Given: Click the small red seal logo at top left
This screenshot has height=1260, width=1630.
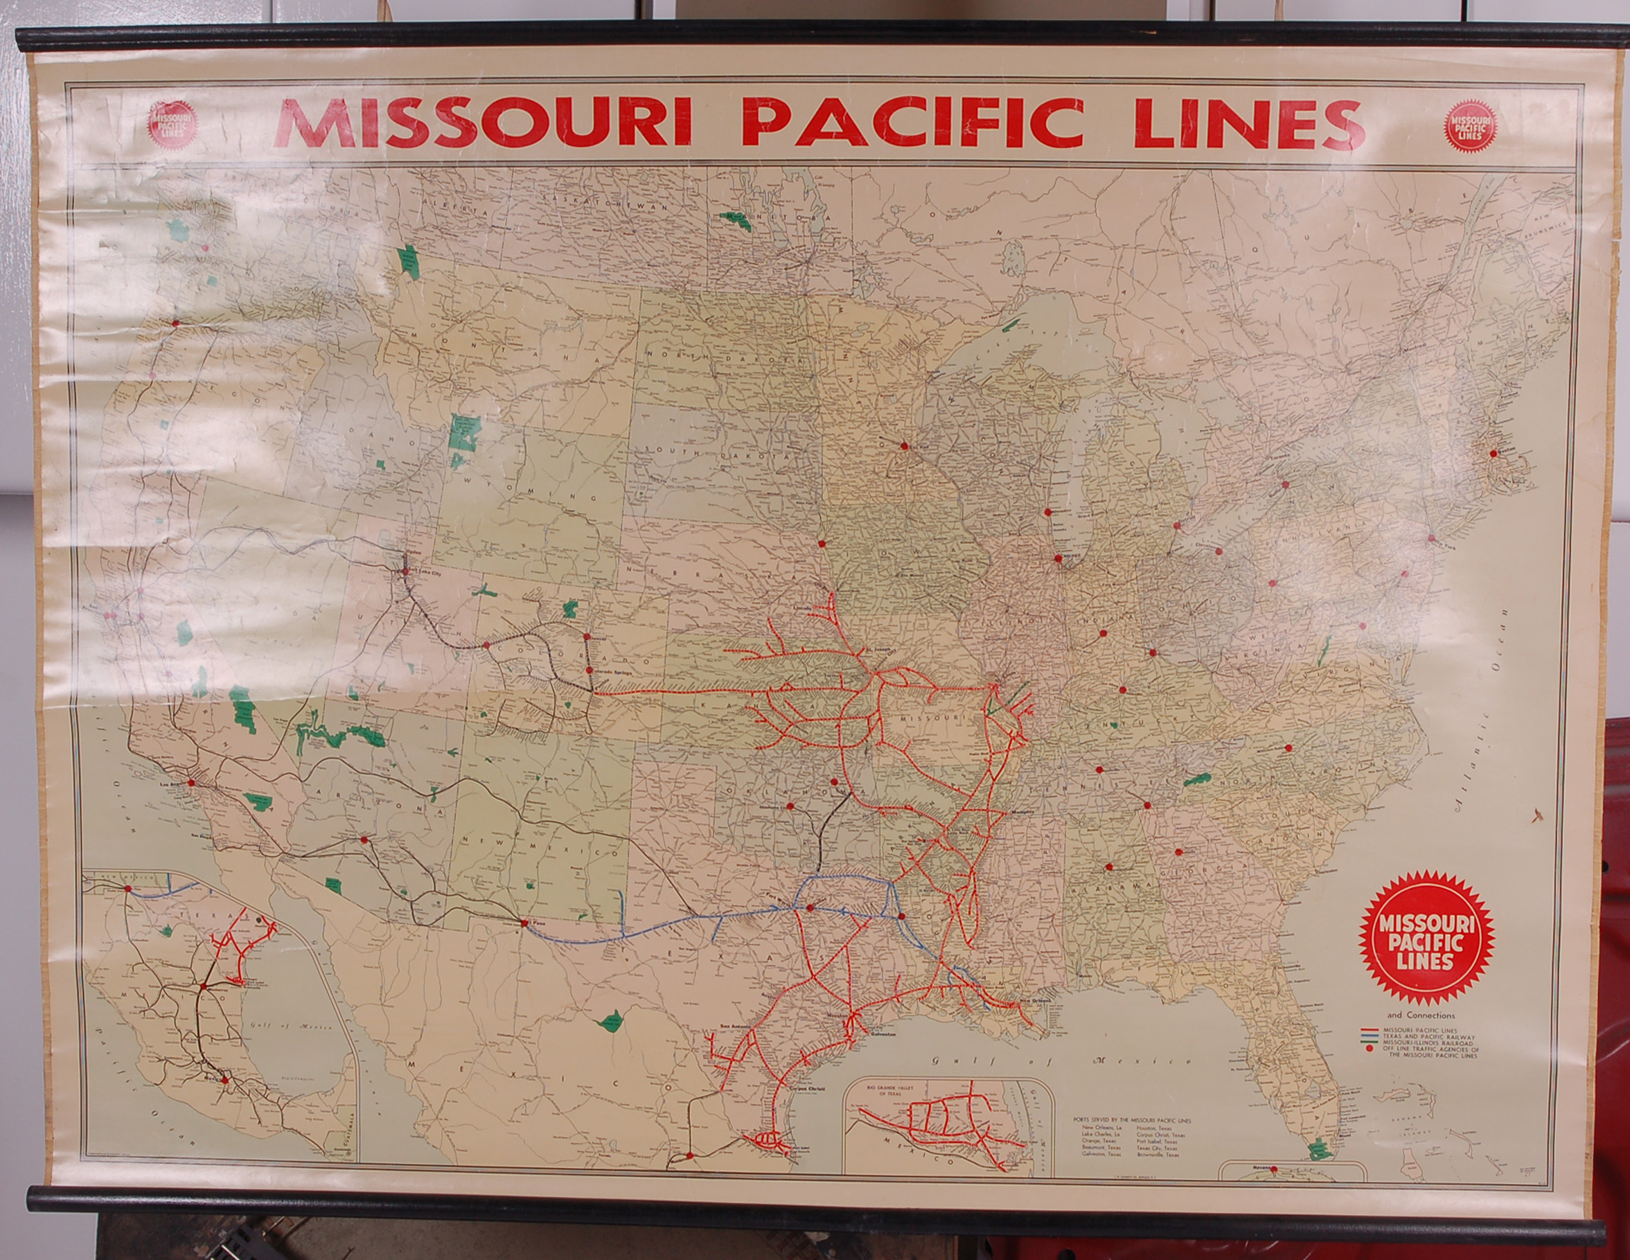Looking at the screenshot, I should pyautogui.click(x=172, y=124).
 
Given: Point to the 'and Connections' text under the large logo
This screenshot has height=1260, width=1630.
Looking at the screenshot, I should pyautogui.click(x=1421, y=1015).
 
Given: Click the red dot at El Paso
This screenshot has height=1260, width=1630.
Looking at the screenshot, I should pyautogui.click(x=524, y=923).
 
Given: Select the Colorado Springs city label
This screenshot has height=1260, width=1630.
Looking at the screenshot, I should pyautogui.click(x=613, y=673).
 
